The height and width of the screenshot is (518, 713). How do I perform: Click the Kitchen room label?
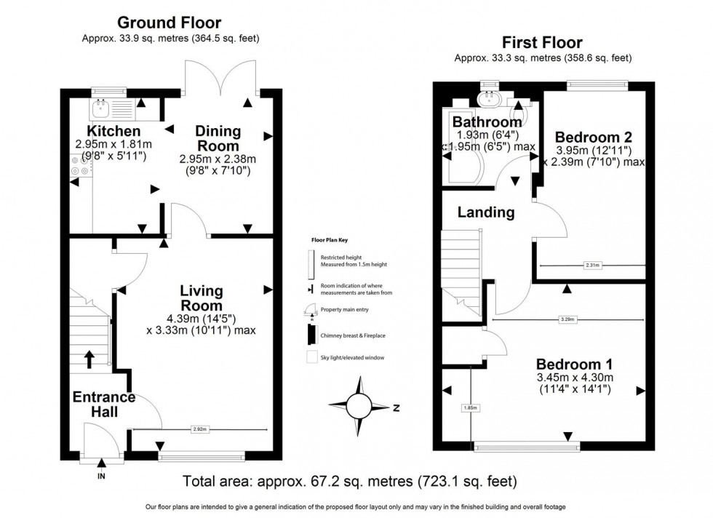click(x=113, y=131)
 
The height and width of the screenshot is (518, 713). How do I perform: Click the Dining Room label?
click(x=218, y=138)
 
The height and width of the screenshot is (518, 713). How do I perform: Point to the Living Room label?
click(x=202, y=298)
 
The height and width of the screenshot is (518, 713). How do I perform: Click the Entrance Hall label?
click(x=103, y=405)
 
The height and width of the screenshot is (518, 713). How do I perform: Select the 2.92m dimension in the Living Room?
click(x=199, y=430)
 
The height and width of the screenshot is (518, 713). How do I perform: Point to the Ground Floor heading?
click(x=169, y=23)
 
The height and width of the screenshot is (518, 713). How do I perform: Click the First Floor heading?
click(x=541, y=43)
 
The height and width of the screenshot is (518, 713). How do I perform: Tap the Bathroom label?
click(x=487, y=121)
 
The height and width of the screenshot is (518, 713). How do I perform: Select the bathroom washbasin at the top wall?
click(x=488, y=97)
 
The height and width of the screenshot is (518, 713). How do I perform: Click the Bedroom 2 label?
click(x=593, y=137)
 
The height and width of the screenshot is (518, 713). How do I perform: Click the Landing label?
click(x=485, y=212)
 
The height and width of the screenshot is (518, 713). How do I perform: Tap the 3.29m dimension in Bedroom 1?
click(x=568, y=319)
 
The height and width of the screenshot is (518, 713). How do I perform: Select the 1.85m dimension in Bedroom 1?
click(x=471, y=408)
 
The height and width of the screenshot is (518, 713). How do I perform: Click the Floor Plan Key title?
click(x=327, y=238)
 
